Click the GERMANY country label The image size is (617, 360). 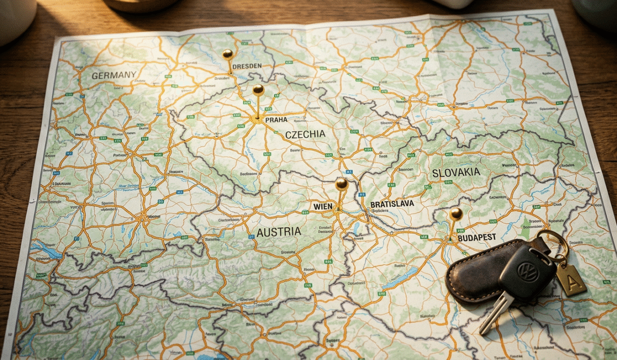114,75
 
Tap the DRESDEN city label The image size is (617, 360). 247,66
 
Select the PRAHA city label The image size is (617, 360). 276,120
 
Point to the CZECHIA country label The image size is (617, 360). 305,134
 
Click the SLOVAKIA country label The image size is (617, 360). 456,173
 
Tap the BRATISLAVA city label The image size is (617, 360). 392,204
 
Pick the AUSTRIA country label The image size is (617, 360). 279,232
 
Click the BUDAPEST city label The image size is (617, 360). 477,237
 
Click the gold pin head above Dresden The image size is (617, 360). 227,53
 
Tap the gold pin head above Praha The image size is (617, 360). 258,89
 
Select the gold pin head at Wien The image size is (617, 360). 341,184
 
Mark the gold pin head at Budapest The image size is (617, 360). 456,213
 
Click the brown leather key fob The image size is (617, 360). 476,273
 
